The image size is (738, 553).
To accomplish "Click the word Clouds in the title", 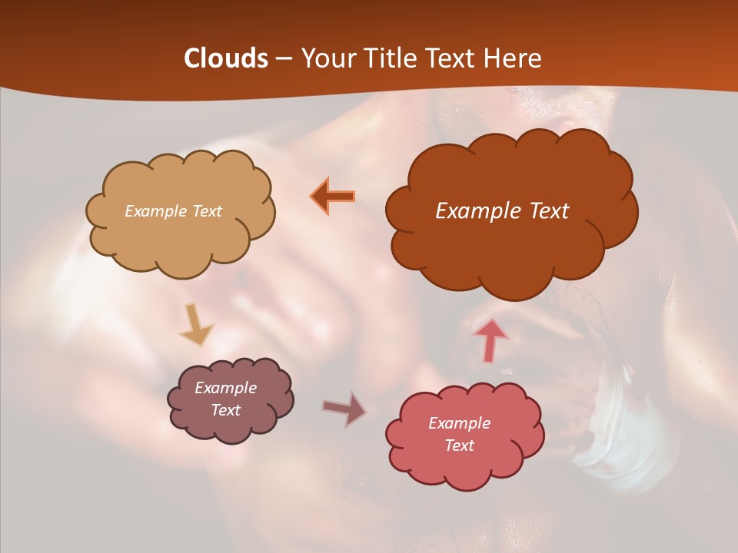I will coord(226,58).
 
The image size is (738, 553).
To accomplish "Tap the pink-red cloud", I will coord(464,465).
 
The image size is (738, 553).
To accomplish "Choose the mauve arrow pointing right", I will coord(344,409).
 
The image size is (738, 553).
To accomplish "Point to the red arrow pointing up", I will coord(491,340).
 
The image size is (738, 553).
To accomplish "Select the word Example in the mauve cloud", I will coord(225,388).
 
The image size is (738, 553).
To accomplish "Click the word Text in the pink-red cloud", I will coord(459,445).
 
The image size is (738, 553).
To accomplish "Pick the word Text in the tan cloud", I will coord(206,211).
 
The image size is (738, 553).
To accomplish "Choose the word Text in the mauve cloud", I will coord(225,410).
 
